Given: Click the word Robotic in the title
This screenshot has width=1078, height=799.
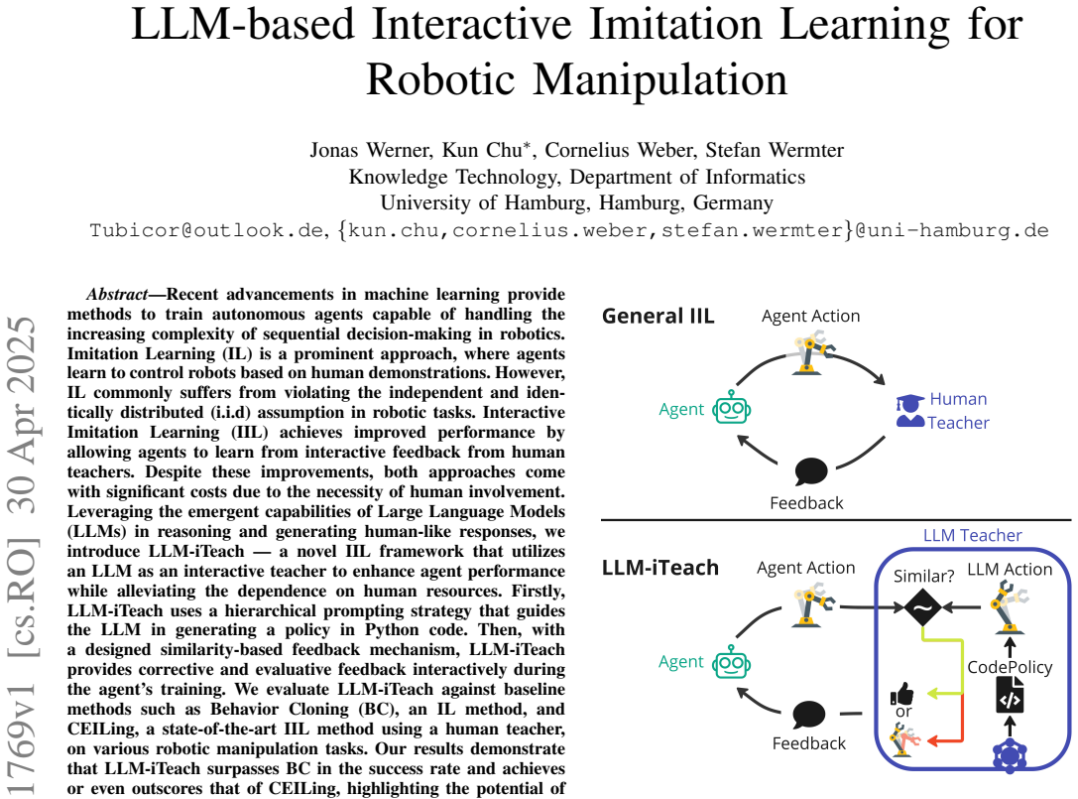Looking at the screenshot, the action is (x=440, y=79).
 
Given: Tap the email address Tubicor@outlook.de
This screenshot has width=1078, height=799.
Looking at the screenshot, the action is (x=206, y=230).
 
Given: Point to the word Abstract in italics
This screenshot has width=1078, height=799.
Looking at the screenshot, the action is (x=117, y=295).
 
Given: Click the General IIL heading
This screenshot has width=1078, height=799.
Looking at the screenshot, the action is (x=658, y=316).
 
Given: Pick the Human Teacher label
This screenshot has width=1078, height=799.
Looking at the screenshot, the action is (x=958, y=411).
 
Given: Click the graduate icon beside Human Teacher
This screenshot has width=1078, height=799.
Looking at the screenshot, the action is (x=909, y=411).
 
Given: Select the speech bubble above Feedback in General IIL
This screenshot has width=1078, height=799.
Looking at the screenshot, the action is (x=810, y=471).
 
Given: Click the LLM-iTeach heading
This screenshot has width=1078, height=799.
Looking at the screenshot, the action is (x=660, y=568).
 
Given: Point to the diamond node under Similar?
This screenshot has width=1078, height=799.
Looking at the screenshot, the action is (x=922, y=607).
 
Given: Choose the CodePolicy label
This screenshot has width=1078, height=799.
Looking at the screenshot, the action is (x=1010, y=667).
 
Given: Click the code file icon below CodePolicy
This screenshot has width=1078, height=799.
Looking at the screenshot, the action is (x=1010, y=695).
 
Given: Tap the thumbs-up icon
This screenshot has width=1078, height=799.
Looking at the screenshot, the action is (x=902, y=693).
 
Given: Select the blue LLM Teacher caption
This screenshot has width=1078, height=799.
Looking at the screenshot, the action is (x=972, y=535).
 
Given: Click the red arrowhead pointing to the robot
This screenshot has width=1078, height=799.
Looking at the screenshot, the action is (x=933, y=741).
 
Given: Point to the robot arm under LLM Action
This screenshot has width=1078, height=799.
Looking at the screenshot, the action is (x=1009, y=606).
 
